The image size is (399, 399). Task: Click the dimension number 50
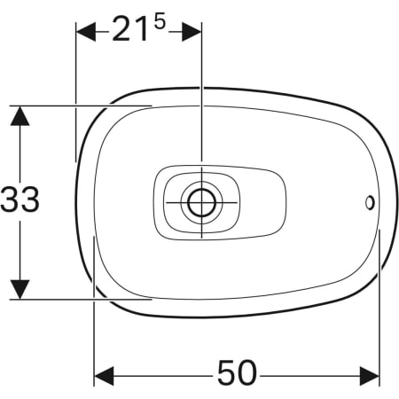click(237, 372)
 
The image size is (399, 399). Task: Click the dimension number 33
click(20, 199)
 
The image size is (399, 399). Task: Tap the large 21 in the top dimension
click(130, 29)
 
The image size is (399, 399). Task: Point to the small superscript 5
click(160, 22)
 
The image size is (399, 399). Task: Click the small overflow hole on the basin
click(370, 203)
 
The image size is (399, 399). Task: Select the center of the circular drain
click(202, 203)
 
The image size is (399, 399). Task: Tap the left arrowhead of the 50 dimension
click(104, 376)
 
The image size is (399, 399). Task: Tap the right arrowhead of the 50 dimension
click(370, 376)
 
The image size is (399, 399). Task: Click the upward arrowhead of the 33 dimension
click(20, 116)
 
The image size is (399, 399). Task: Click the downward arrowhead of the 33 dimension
click(20, 289)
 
